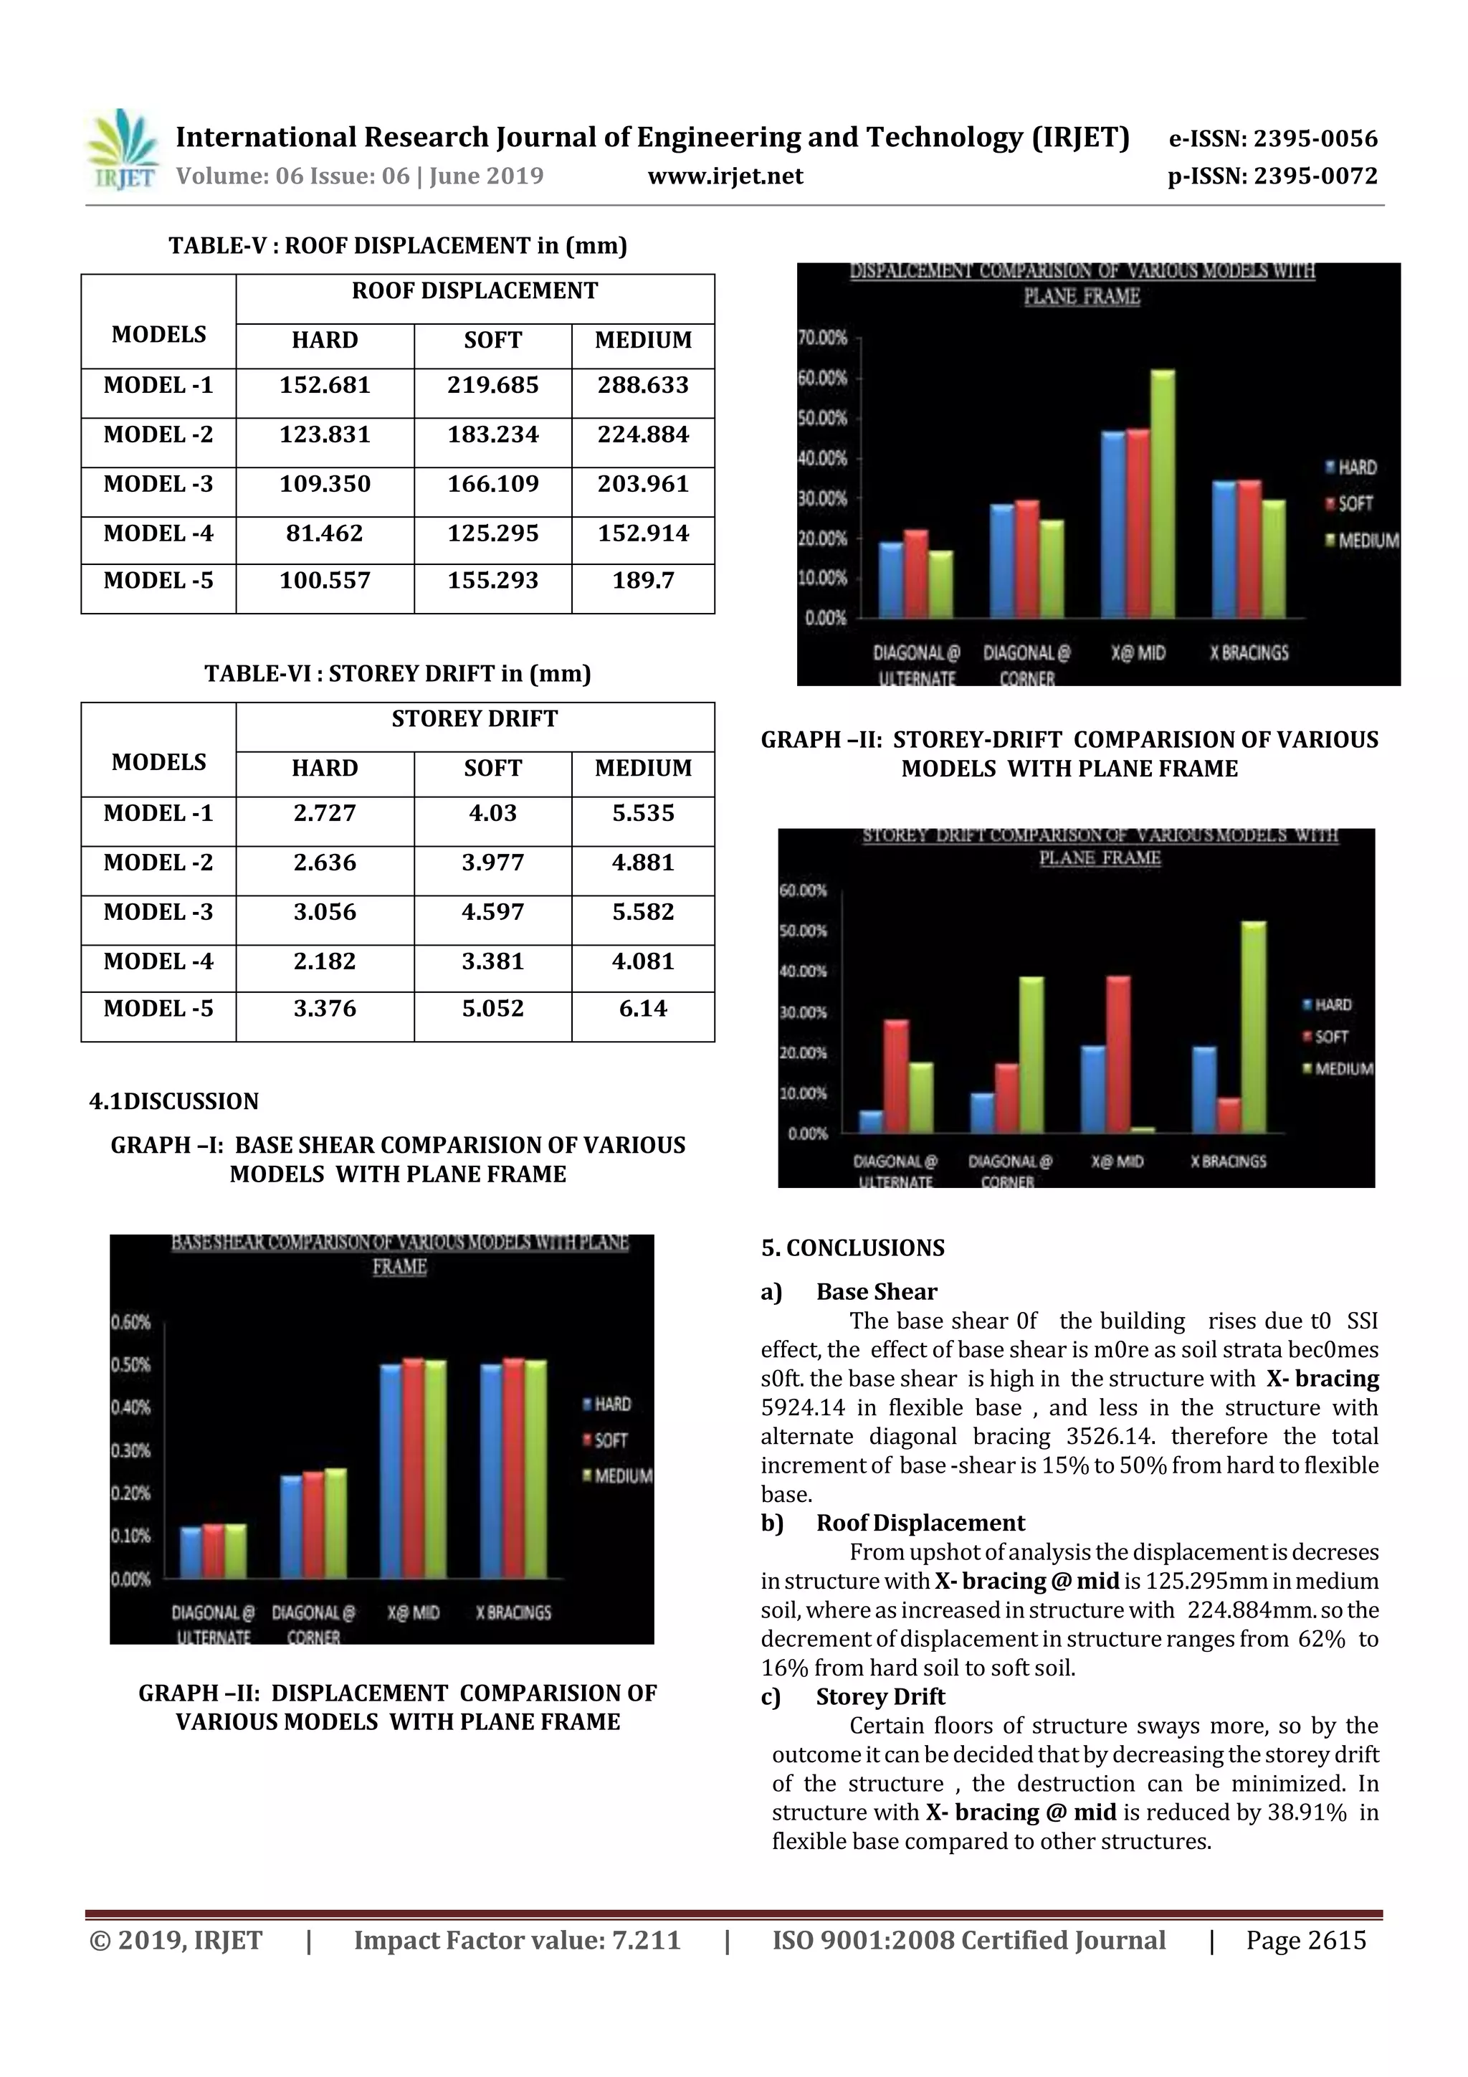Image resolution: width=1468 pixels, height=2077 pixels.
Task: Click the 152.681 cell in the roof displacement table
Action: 325,386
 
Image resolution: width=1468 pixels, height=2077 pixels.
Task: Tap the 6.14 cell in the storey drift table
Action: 642,1009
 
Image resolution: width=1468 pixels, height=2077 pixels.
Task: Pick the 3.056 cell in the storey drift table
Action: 325,912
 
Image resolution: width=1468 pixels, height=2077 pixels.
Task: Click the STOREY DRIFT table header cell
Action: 474,719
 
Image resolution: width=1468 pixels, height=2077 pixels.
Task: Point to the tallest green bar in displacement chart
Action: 1162,493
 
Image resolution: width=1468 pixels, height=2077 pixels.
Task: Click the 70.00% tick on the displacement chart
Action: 822,338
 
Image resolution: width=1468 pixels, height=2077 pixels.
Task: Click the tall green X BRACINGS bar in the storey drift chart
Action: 1254,1027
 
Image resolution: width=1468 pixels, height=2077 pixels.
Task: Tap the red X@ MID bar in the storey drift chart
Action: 1118,1054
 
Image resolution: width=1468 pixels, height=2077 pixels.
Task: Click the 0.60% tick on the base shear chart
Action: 131,1323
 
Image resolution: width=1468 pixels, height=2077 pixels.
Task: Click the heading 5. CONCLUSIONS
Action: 852,1248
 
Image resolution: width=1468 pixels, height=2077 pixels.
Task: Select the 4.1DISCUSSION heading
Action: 173,1102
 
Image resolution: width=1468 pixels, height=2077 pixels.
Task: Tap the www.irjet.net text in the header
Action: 725,176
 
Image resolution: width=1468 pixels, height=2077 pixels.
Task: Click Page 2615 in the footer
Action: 1305,1940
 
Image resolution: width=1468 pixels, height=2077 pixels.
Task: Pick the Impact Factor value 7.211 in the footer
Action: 517,1940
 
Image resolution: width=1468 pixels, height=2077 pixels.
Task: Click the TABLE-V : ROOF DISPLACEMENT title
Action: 398,246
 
